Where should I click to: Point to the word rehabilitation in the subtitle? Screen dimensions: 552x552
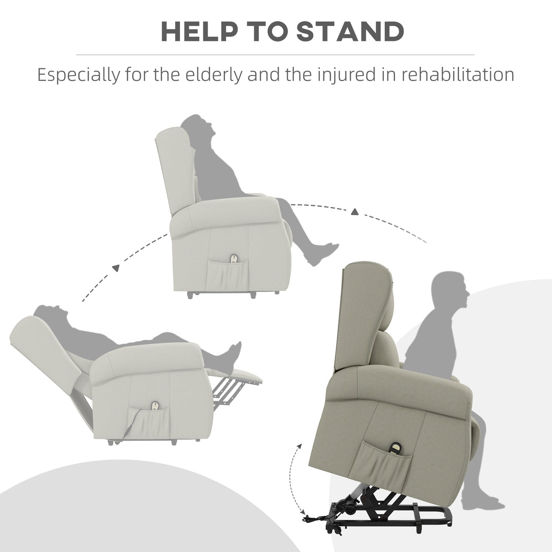coord(457,75)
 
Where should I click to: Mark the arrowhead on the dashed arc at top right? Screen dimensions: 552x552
coord(354,211)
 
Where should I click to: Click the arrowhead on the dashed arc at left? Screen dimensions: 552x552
coord(116,267)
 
